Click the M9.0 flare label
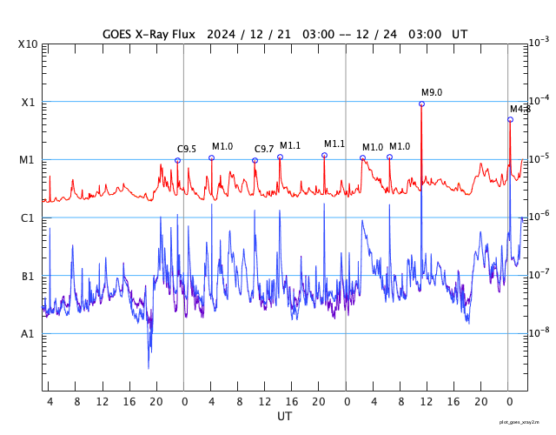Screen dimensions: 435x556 432,92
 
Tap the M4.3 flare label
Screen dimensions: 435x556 520,109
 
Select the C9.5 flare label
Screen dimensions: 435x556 187,149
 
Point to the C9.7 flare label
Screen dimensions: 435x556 264,149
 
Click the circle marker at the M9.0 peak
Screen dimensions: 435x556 421,104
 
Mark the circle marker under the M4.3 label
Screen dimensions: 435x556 510,119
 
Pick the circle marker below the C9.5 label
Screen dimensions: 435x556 177,160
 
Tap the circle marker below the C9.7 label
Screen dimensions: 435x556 255,160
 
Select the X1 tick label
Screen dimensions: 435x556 28,102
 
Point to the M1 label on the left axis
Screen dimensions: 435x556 28,160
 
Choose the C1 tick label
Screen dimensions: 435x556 28,217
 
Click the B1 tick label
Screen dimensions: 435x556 28,276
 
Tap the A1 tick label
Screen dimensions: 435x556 28,334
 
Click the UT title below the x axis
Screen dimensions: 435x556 284,417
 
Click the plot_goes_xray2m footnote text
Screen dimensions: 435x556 526,422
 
